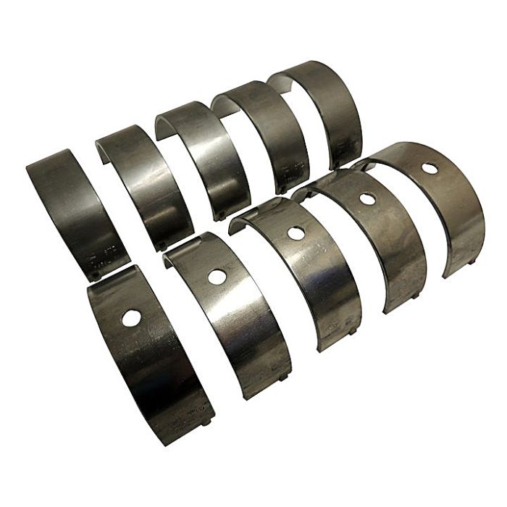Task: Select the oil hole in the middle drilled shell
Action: tap(295, 233)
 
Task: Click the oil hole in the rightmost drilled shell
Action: tap(430, 168)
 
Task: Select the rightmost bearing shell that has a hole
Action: tap(435, 196)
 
